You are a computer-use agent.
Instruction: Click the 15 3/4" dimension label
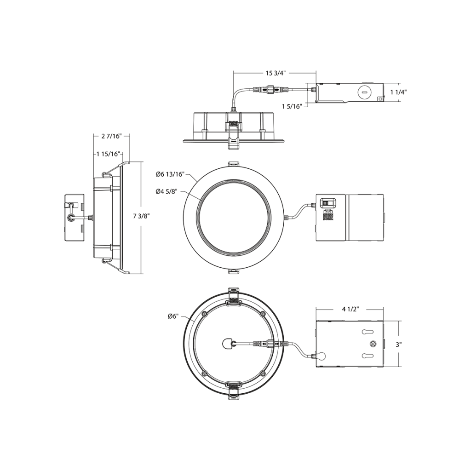tap(276, 73)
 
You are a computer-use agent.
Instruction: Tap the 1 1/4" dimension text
tap(398, 92)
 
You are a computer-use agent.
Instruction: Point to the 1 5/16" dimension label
tap(292, 106)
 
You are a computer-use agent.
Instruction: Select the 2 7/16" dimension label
tap(110, 136)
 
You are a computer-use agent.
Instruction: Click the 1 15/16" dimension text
tap(108, 154)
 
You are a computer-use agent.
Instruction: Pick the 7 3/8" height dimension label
tap(142, 216)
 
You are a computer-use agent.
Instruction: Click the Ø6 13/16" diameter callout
tap(170, 174)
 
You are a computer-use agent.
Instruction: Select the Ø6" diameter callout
tap(173, 316)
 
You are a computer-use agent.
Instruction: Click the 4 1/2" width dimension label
tap(350, 309)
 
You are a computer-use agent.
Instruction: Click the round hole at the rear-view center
tap(227, 343)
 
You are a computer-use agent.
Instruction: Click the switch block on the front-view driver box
tap(327, 203)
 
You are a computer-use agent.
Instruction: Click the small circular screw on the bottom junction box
tap(373, 344)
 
